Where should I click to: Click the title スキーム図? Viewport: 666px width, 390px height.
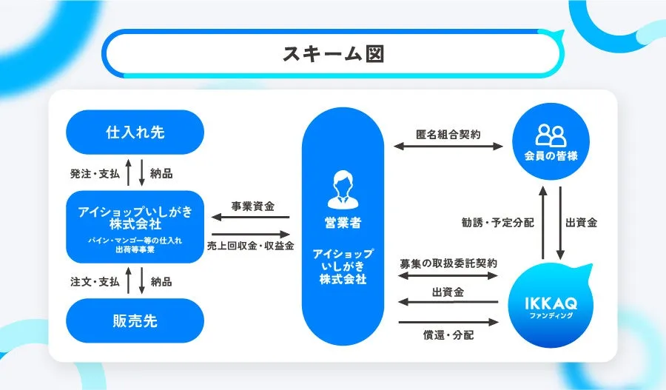(334, 54)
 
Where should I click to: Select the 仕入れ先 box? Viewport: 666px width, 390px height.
(135, 132)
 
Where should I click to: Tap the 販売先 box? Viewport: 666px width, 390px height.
(135, 320)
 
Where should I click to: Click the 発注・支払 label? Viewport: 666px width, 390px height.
(95, 174)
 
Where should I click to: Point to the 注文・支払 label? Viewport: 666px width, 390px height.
(95, 282)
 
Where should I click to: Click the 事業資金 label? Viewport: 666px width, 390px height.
(253, 206)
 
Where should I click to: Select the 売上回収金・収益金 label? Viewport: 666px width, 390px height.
(251, 246)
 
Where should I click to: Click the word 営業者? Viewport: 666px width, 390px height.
(343, 223)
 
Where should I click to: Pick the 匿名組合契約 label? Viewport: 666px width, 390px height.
(448, 135)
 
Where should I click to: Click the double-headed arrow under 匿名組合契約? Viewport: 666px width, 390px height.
(448, 147)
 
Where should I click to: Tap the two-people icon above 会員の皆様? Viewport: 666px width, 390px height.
(551, 135)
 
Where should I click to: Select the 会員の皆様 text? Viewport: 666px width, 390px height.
(551, 156)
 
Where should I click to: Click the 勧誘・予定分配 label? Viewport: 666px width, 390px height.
(497, 223)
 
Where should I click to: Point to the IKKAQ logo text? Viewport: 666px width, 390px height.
(551, 303)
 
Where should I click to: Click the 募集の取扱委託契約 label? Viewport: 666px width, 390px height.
(448, 263)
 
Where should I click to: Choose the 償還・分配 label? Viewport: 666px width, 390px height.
(448, 335)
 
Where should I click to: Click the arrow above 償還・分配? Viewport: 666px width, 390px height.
(448, 322)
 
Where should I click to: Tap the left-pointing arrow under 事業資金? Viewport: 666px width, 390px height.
(251, 218)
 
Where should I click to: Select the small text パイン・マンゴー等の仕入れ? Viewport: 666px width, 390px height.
(135, 241)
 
